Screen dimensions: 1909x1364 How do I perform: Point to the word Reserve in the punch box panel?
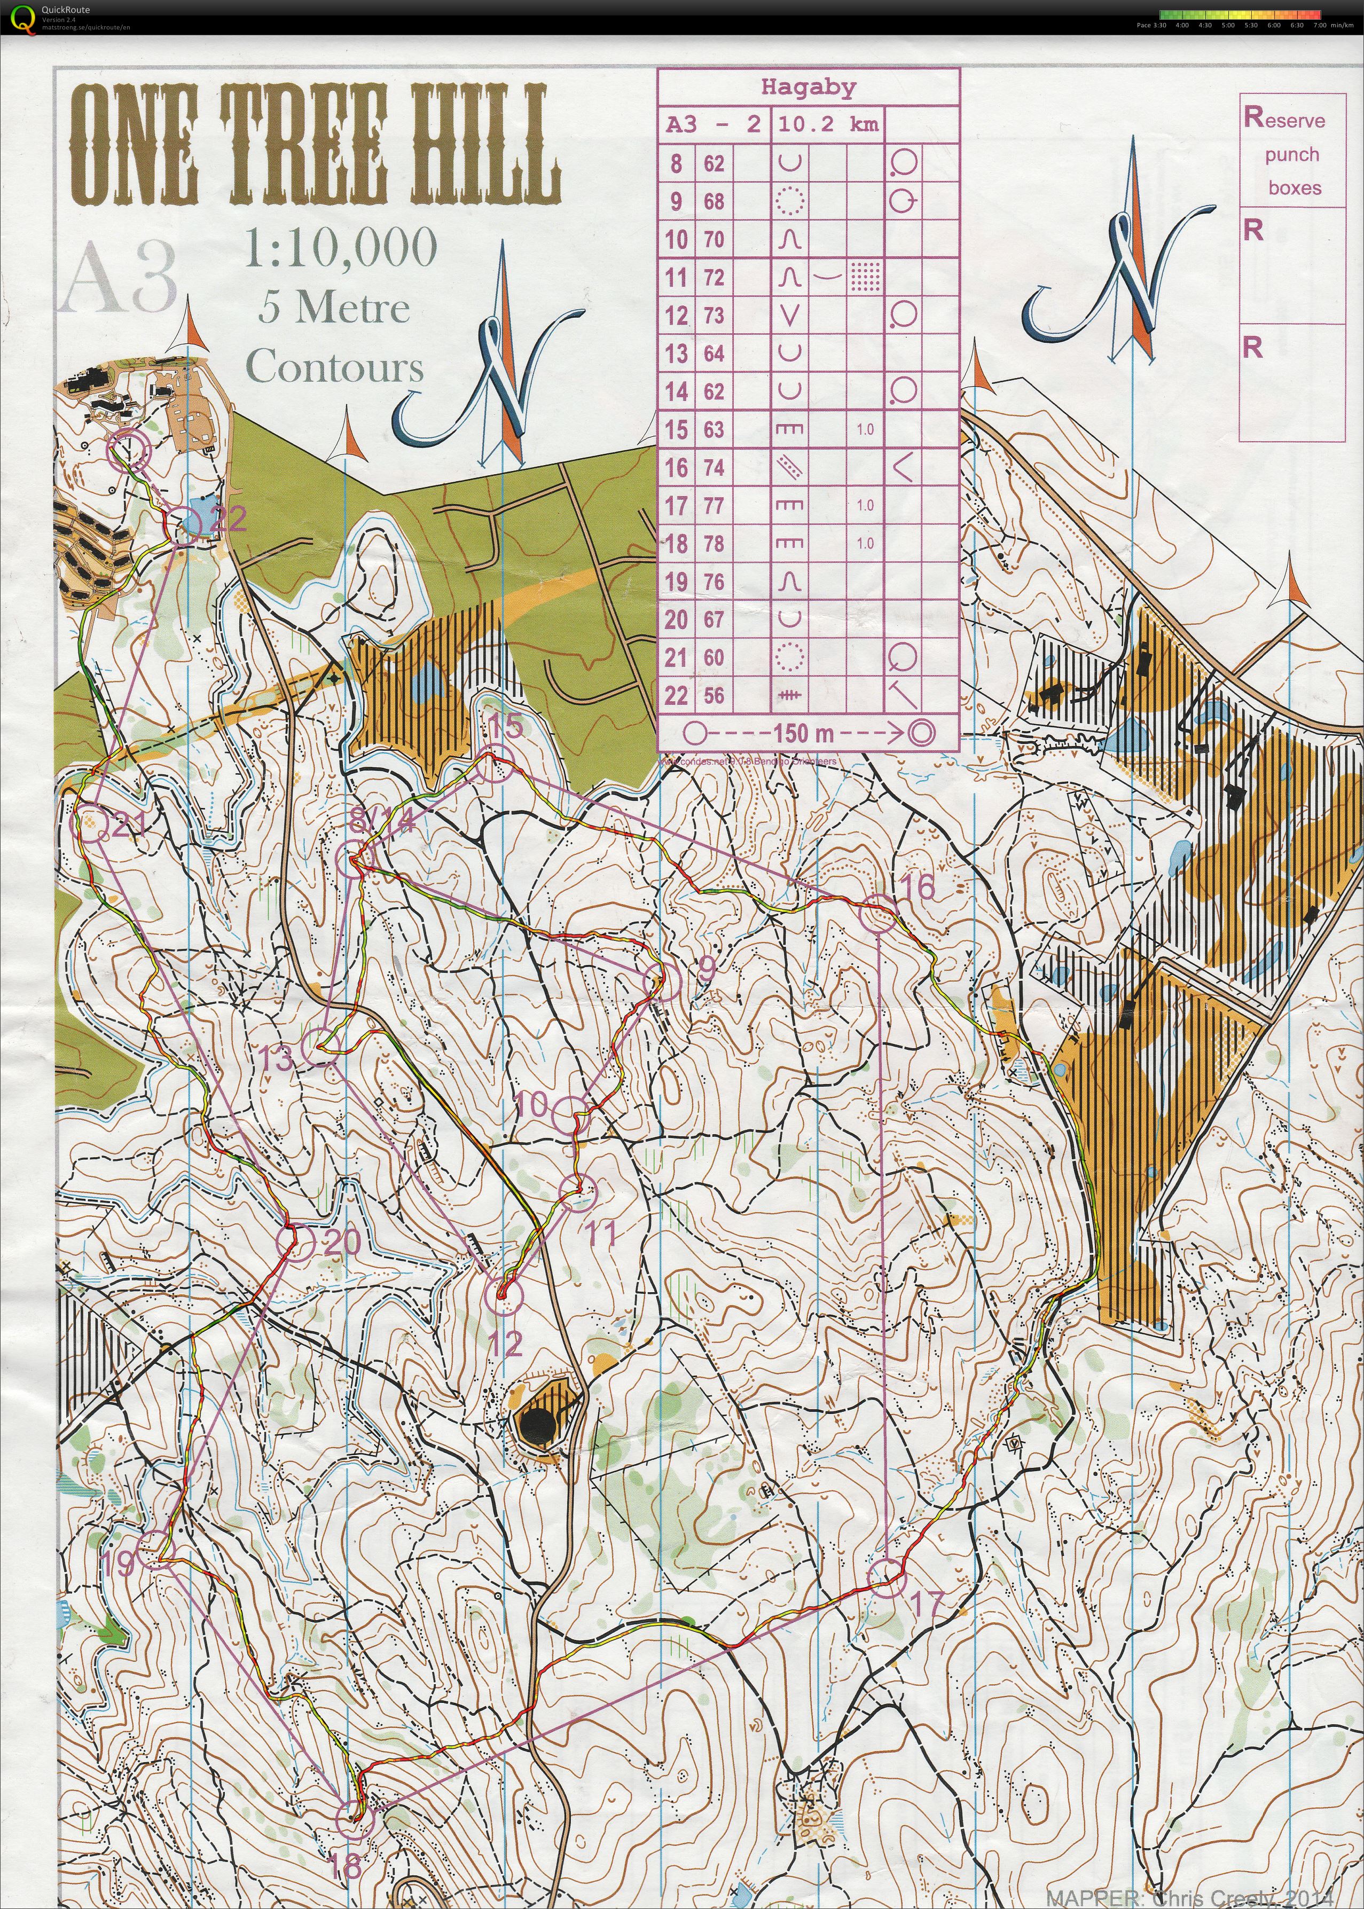coord(1284,119)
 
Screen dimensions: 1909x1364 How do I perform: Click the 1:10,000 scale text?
coord(341,248)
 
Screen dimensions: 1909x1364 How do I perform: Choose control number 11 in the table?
coord(676,277)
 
